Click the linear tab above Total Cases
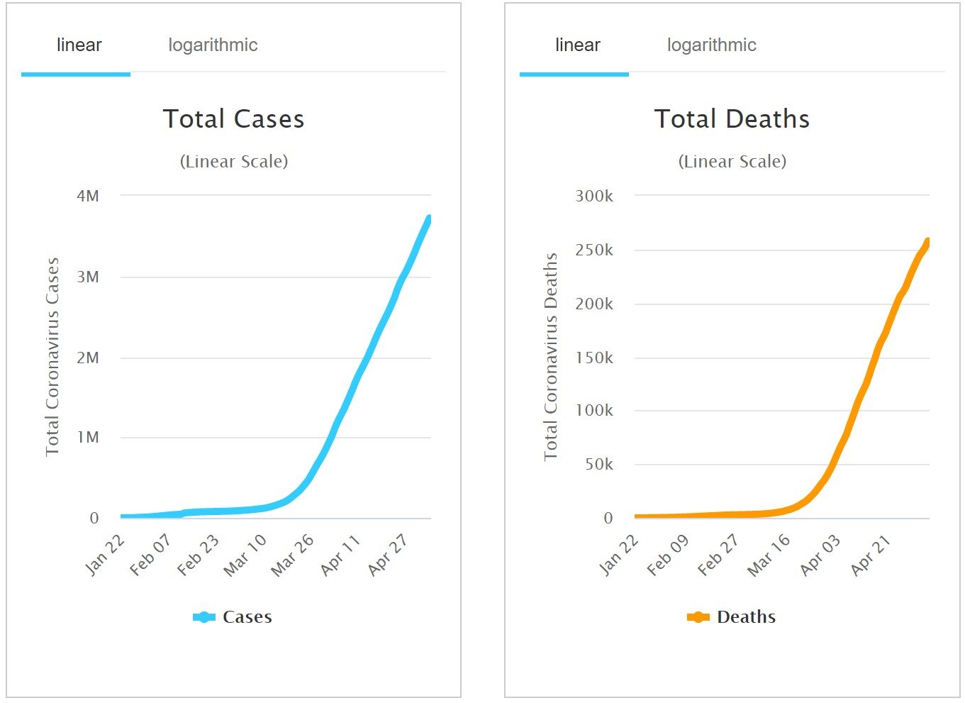(79, 45)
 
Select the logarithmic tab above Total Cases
(213, 45)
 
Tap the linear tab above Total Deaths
(577, 45)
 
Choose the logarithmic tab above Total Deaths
(711, 45)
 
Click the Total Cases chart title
(233, 119)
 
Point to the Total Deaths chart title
(732, 119)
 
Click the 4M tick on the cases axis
(88, 196)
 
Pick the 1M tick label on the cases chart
(88, 438)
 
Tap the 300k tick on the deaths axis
(594, 196)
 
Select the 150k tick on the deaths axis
(594, 358)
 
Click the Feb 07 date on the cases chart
(151, 555)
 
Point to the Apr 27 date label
(389, 555)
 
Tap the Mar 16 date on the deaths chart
(769, 555)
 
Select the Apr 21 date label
(870, 555)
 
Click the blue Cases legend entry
(233, 617)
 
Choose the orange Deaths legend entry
(732, 617)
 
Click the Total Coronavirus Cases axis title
(52, 357)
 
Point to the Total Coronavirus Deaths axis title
(551, 357)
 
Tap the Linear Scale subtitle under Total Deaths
(732, 162)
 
